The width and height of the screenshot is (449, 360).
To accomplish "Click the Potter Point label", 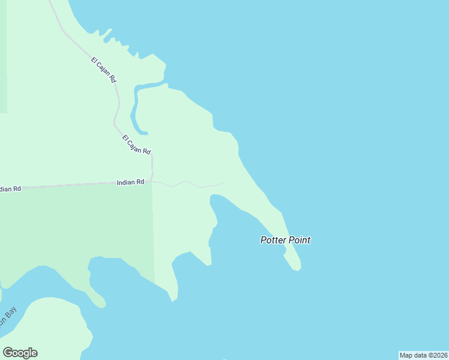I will pyautogui.click(x=285, y=240).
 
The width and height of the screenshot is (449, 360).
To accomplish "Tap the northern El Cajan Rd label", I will pyautogui.click(x=104, y=69).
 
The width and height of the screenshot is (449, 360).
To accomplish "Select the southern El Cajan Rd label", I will pyautogui.click(x=136, y=145).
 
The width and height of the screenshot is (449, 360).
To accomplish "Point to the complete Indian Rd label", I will pyautogui.click(x=130, y=182).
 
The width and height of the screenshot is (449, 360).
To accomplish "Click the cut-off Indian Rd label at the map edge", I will pyautogui.click(x=10, y=189).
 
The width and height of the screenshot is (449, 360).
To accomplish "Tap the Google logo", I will pyautogui.click(x=20, y=353).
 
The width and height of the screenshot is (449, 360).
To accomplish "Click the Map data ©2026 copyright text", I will pyautogui.click(x=424, y=355).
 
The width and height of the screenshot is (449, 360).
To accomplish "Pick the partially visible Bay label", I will pyautogui.click(x=8, y=317).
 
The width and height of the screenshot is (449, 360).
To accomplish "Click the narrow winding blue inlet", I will pyautogui.click(x=136, y=108).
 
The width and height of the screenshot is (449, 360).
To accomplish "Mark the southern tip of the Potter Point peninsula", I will pyautogui.click(x=296, y=268).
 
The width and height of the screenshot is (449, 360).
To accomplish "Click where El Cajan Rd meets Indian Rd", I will pyautogui.click(x=152, y=181).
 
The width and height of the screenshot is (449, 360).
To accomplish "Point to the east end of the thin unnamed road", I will pyautogui.click(x=224, y=182).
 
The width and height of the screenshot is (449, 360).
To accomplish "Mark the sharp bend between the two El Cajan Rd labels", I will pyautogui.click(x=115, y=124).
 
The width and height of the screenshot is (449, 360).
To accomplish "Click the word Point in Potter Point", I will pyautogui.click(x=298, y=240).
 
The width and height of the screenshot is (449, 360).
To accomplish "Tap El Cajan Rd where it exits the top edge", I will pyautogui.click(x=50, y=2).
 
